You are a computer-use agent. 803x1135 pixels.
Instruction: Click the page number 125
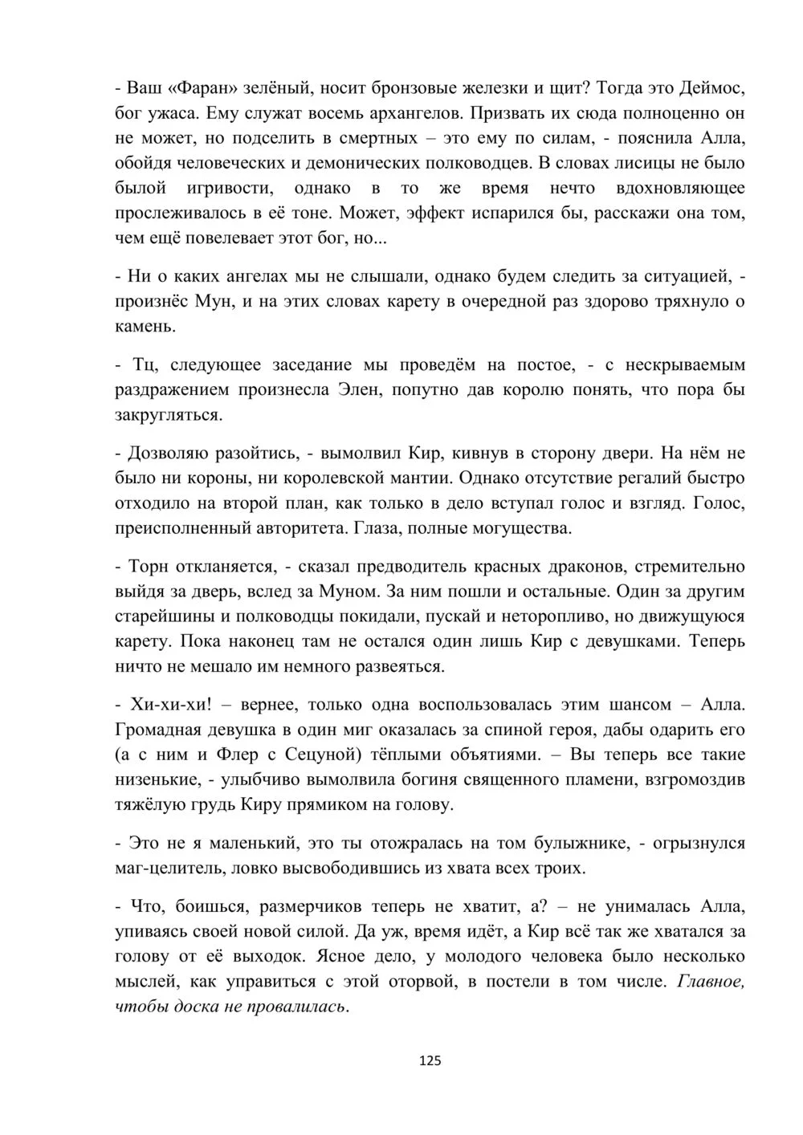[430, 1060]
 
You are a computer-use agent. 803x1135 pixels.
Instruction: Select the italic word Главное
[711, 982]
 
